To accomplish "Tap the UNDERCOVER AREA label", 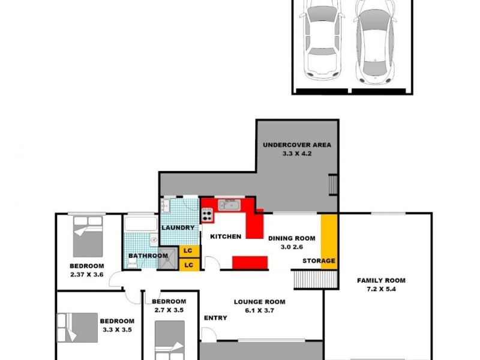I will (x=298, y=145).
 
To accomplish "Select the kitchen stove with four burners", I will (x=208, y=214).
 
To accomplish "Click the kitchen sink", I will (x=229, y=205).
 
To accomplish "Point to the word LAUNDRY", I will (x=178, y=228).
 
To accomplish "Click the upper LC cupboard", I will (x=188, y=251).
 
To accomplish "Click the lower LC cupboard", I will (x=188, y=265).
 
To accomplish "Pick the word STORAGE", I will (x=319, y=261).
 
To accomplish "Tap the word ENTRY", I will (x=215, y=317).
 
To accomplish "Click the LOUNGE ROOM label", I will (x=259, y=302).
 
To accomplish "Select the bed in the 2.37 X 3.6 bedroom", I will (x=88, y=235).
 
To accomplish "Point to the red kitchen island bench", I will (x=250, y=263).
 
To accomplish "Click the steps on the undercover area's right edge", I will (x=332, y=186).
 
